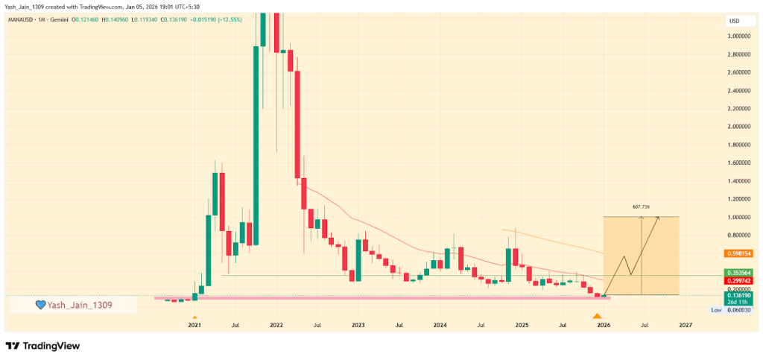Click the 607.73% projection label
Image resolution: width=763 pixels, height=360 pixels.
[x=642, y=208]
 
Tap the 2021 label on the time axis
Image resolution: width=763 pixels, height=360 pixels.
[x=194, y=326]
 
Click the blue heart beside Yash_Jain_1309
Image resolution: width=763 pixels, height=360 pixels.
[x=42, y=305]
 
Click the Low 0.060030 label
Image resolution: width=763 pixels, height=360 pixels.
[x=732, y=309]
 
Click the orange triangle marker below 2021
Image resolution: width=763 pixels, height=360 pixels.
[x=194, y=318]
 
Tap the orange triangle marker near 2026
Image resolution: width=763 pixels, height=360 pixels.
[x=597, y=317]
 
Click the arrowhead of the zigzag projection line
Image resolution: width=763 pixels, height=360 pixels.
[x=657, y=218]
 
